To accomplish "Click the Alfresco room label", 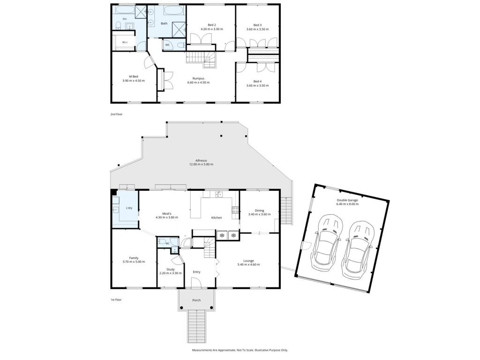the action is pos(201,160).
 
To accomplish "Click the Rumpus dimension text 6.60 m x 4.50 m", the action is pos(198,82).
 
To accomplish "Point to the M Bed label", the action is pos(134,76).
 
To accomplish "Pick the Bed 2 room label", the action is pos(212,25).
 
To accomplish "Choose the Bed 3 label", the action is pos(257,25).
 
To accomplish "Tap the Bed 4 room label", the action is pos(257,82).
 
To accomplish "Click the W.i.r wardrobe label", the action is pos(125,42).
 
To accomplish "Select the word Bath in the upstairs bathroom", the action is pos(165,23).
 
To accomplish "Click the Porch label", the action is pos(196,300).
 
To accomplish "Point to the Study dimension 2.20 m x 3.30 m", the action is pos(171,273).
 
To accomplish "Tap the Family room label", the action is pos(134,258).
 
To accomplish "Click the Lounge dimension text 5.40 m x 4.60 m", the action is pos(248,264).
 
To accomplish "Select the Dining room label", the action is pos(259,210).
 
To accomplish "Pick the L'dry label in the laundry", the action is pos(129,208).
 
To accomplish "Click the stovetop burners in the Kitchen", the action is pos(235,210).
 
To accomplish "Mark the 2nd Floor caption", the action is pos(116,114).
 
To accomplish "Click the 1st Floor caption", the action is pos(116,300).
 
